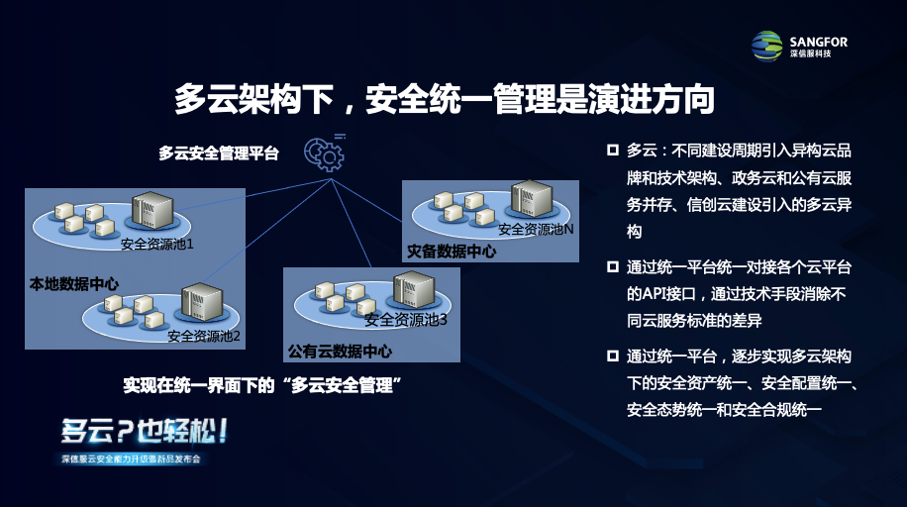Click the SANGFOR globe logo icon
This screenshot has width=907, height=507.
pyautogui.click(x=767, y=47)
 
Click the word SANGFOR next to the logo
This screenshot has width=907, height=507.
pyautogui.click(x=819, y=42)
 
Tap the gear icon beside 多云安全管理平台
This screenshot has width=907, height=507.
pyautogui.click(x=325, y=153)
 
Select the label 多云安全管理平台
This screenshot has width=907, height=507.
pyautogui.click(x=219, y=153)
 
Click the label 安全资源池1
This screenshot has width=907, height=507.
pyautogui.click(x=156, y=245)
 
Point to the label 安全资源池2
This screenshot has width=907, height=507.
pyautogui.click(x=204, y=337)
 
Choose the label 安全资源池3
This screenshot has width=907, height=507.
pyautogui.click(x=406, y=320)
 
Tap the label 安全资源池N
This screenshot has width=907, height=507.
pyautogui.click(x=537, y=229)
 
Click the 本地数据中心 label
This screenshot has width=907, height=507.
pyautogui.click(x=74, y=284)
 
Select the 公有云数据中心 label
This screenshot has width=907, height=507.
pyautogui.click(x=341, y=352)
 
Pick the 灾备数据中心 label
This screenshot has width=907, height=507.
pyautogui.click(x=452, y=252)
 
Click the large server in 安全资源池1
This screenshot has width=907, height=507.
pyautogui.click(x=152, y=211)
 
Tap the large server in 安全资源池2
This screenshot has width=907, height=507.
pyautogui.click(x=202, y=301)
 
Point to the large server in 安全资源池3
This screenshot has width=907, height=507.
pyautogui.click(x=414, y=290)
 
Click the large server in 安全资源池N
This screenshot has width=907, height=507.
pyautogui.click(x=532, y=199)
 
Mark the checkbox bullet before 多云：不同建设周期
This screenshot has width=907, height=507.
pyautogui.click(x=613, y=151)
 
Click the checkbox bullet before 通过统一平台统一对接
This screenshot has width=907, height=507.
pyautogui.click(x=613, y=266)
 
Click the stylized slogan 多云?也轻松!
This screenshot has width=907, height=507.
pyautogui.click(x=145, y=431)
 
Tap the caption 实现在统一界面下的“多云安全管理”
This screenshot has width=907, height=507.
pyautogui.click(x=262, y=385)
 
